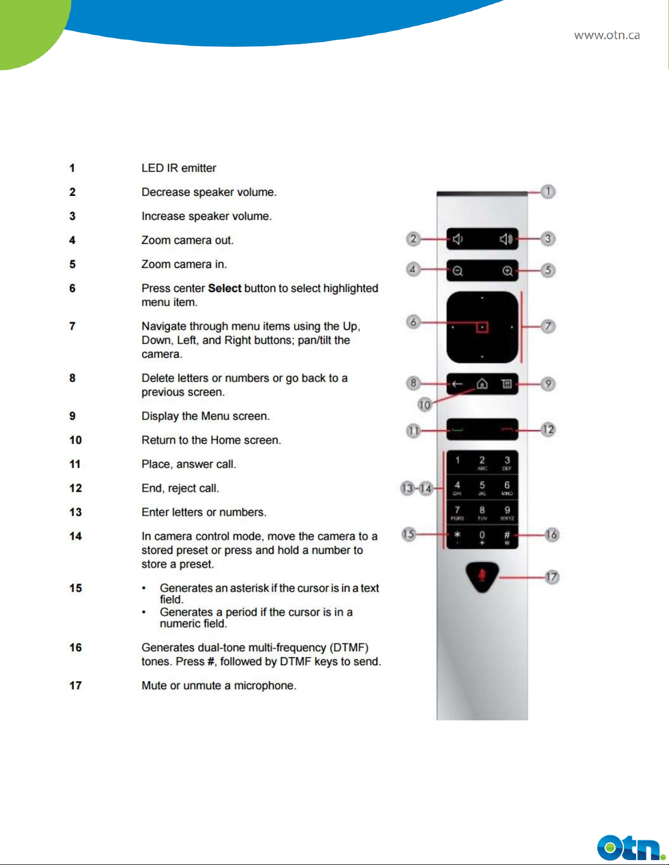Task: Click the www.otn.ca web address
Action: tap(607, 35)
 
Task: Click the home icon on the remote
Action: tap(482, 384)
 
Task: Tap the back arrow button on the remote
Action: tap(457, 384)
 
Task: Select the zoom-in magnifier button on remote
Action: tap(507, 271)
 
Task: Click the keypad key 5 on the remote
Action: tap(482, 486)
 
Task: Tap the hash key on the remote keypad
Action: tap(507, 536)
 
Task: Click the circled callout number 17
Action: tap(552, 577)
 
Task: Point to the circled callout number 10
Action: tap(424, 404)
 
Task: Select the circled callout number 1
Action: tap(548, 192)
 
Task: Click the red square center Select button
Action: tap(482, 327)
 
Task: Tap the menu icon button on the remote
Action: tap(507, 384)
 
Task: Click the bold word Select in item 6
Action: tap(224, 288)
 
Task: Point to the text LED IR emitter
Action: tap(179, 168)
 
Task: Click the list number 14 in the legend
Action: tap(75, 536)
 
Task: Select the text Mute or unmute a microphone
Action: tap(218, 685)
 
